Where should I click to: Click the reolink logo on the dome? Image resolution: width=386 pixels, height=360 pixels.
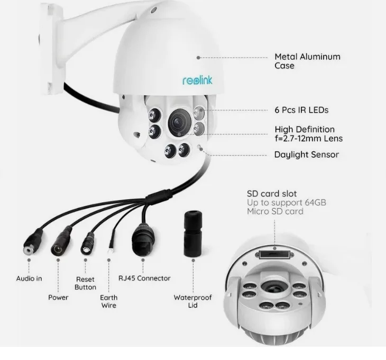pos(197,80)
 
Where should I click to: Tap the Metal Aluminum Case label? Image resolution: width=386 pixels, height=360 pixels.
pos(307,61)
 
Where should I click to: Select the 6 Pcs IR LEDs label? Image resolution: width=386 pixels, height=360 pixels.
pos(301,110)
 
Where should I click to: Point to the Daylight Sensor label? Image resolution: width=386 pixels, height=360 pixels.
pos(306,155)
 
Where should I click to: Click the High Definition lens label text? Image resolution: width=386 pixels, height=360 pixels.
pos(308,134)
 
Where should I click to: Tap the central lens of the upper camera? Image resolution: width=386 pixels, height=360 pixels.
pos(178,122)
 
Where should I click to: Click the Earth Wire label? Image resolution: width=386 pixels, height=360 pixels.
pos(109,301)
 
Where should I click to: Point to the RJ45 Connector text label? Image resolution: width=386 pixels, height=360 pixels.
pos(144,278)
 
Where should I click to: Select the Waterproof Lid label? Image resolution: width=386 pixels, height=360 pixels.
pos(192,301)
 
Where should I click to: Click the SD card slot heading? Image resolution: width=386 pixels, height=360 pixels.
pos(272,194)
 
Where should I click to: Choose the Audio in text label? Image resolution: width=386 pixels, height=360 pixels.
pos(29,278)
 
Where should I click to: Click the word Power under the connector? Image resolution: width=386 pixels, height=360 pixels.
pos(58,297)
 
